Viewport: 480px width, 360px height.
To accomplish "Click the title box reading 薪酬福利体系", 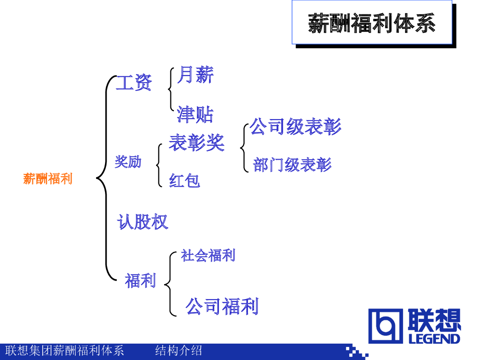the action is (372, 23).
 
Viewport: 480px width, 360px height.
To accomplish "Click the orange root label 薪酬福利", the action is (48, 179).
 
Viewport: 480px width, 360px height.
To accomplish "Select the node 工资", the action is (134, 83).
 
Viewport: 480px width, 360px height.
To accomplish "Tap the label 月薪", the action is (195, 75).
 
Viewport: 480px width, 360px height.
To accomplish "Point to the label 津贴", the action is (195, 114).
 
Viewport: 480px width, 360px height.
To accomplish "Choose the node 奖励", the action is (128, 162).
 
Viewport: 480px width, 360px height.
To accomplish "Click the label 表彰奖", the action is (196, 142).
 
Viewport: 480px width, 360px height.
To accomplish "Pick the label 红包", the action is (185, 180).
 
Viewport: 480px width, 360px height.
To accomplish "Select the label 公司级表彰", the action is (295, 127).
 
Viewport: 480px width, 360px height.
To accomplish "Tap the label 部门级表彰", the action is (292, 165).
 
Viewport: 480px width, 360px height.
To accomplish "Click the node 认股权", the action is (142, 222).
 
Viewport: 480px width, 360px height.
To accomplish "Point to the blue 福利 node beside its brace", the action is (140, 281).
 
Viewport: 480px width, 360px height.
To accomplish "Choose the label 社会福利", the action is (208, 255).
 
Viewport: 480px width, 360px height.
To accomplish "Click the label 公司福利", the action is (222, 307).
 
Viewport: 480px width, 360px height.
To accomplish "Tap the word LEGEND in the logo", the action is (435, 338).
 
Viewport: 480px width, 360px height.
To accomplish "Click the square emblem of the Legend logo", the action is (385, 326).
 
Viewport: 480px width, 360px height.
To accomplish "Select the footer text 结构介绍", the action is (179, 351).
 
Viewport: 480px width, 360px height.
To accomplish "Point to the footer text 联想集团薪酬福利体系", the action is (65, 351).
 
